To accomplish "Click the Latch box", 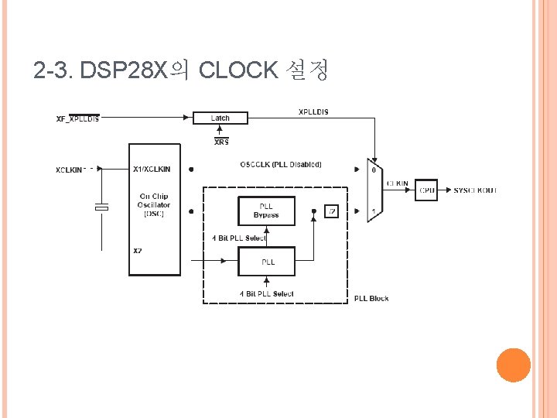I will [220, 118].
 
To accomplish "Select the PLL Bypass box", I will [266, 211].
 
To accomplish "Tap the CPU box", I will [426, 190].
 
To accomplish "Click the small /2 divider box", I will [331, 211].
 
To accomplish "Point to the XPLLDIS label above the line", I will [313, 111].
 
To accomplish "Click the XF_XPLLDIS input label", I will [77, 119].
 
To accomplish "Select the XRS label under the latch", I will [221, 142].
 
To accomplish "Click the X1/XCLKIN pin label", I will [152, 169].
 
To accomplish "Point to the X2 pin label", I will [138, 250].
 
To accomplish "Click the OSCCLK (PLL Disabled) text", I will [281, 164].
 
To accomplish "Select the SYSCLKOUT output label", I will [475, 190].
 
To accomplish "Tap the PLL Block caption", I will [371, 299].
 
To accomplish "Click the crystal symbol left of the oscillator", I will [101, 207].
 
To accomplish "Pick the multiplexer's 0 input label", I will [374, 170].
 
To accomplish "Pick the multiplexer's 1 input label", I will [374, 211].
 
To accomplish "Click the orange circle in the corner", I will [513, 365].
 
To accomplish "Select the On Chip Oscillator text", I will [154, 205].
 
